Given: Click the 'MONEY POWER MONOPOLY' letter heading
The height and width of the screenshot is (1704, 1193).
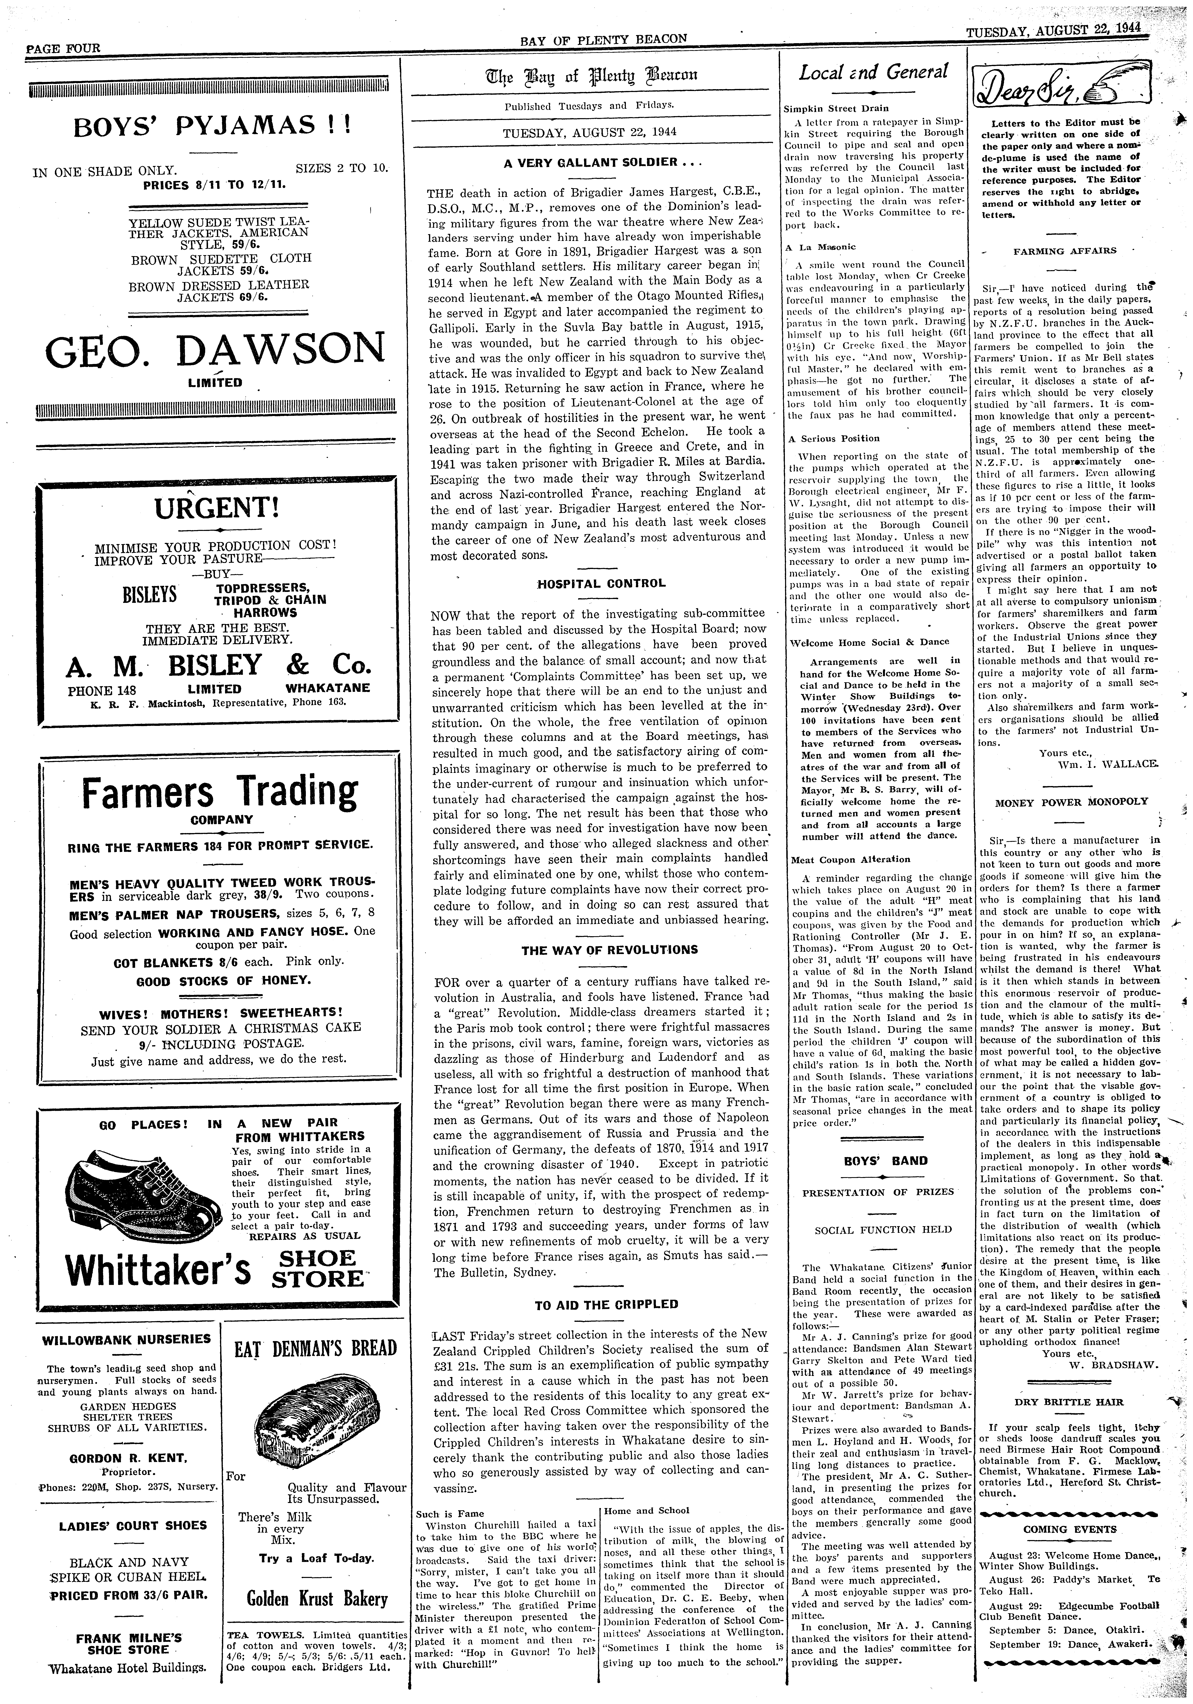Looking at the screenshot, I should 1071,801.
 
